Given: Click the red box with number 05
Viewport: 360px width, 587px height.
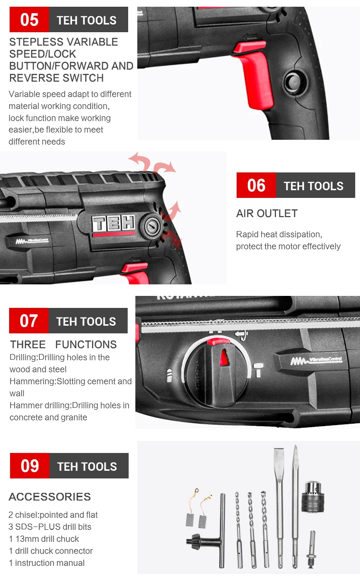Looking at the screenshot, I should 29,20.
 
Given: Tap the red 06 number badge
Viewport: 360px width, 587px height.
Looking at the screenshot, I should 256,185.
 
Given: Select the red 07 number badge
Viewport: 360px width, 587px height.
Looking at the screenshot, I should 29,321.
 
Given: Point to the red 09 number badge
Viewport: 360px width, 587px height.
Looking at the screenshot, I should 30,466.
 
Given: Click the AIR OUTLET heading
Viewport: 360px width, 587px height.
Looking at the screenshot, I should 267,213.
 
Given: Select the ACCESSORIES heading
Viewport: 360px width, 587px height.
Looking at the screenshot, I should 50,497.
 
